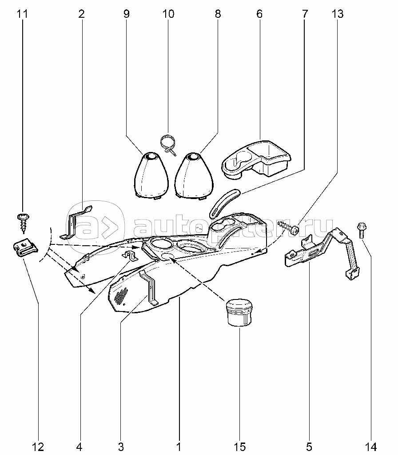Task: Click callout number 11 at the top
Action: (x=22, y=14)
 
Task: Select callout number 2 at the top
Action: (x=81, y=14)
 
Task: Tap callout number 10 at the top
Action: (x=168, y=14)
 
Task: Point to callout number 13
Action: (x=337, y=14)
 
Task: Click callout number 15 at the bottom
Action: (x=240, y=446)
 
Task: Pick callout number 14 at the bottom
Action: (x=371, y=446)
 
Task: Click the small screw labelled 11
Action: (x=22, y=221)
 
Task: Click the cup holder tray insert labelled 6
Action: (x=256, y=159)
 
